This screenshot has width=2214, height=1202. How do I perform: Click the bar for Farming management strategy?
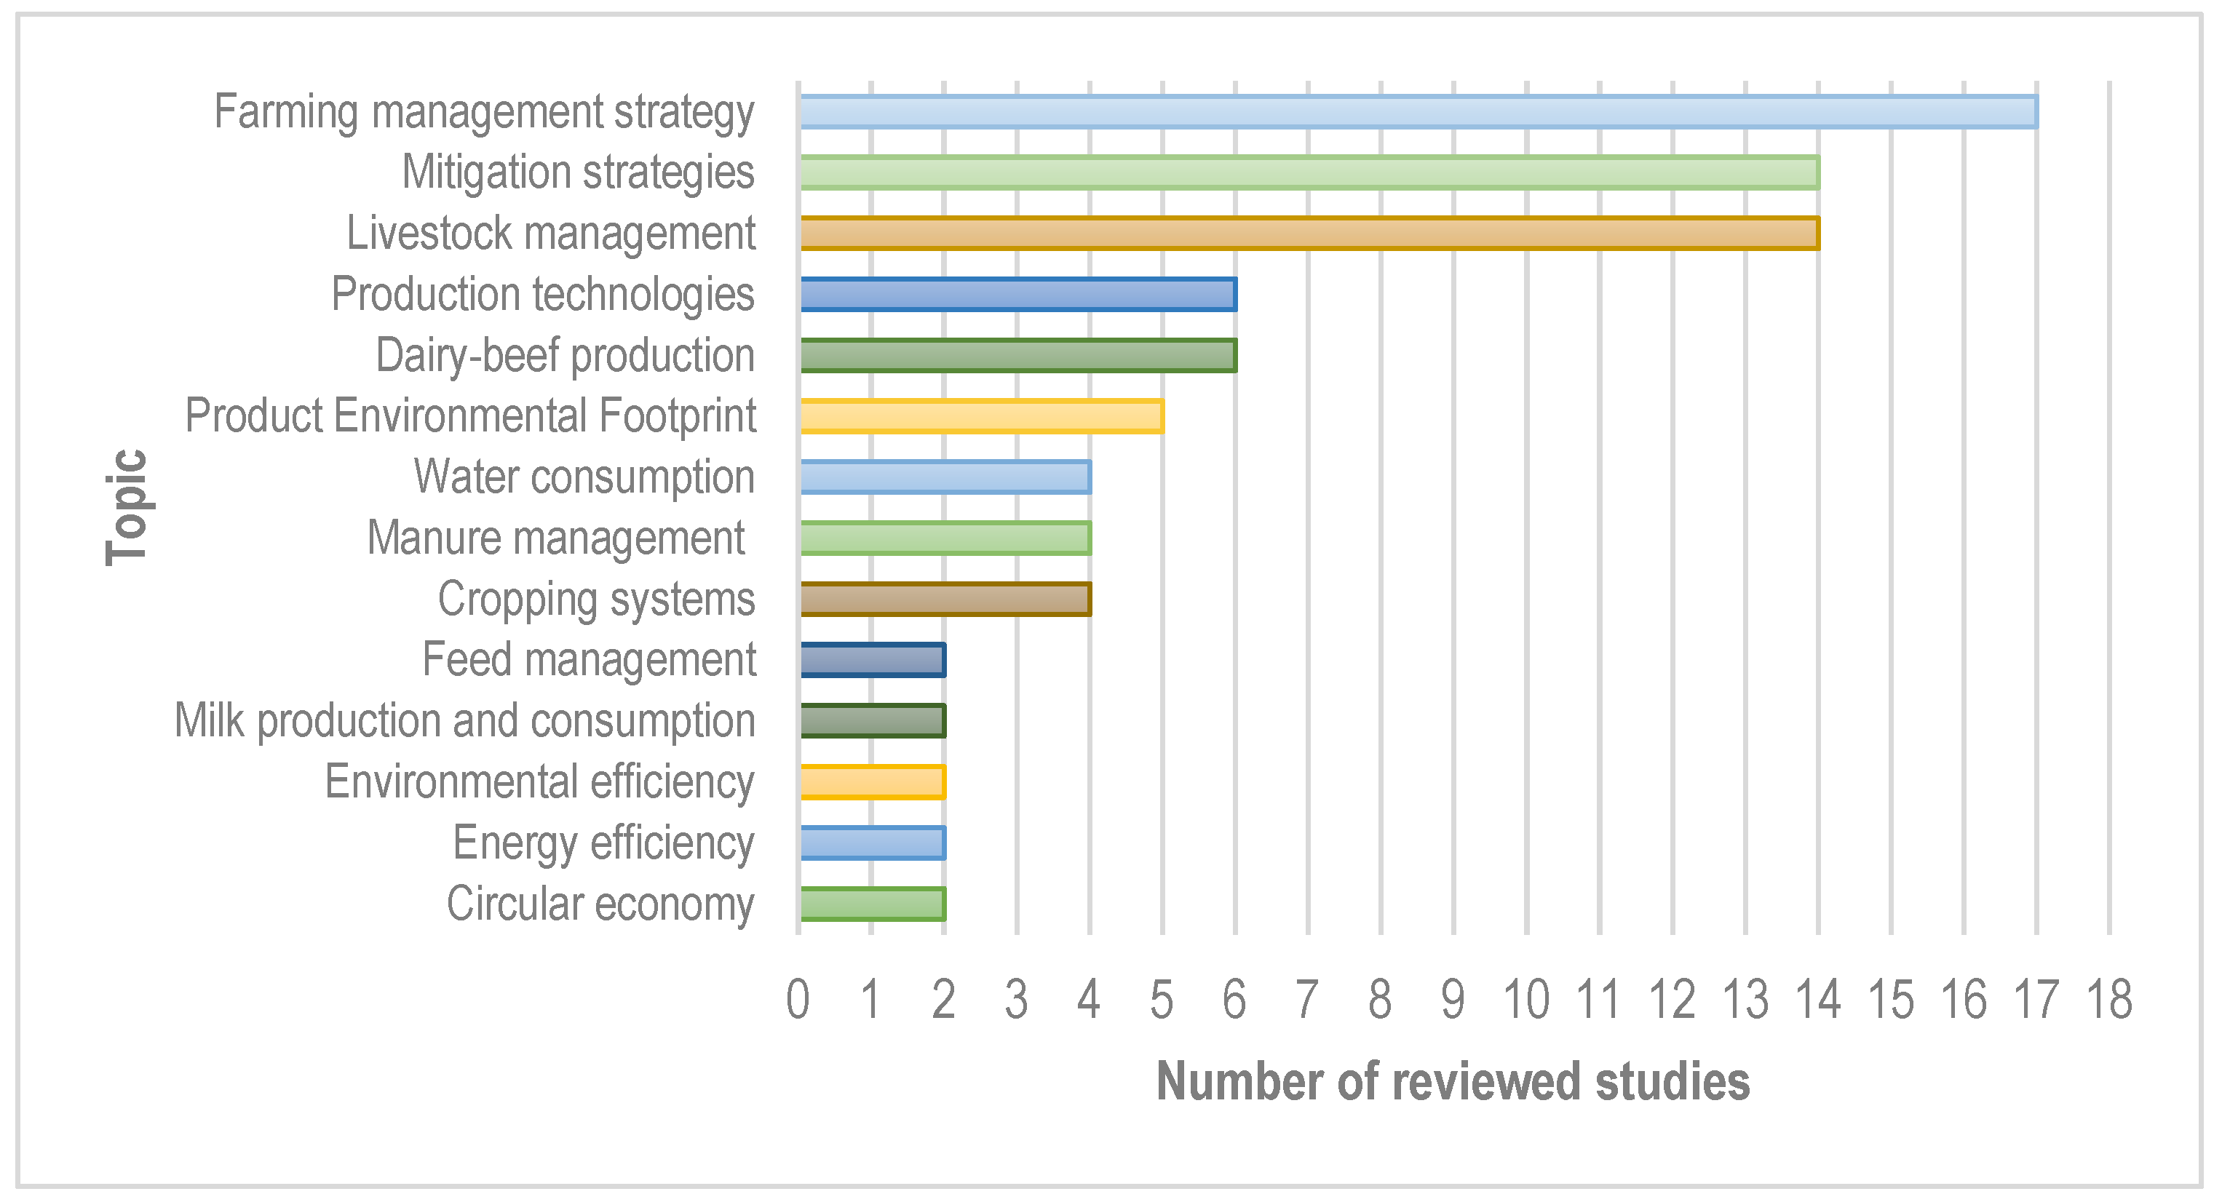point(1418,112)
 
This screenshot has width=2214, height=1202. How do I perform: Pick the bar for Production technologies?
point(1017,294)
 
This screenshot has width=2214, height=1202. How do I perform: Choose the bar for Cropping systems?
point(945,599)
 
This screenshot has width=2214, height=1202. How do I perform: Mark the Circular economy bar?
point(873,904)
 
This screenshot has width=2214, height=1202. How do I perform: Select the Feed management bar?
point(873,660)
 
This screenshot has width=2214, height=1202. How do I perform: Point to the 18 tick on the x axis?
point(2109,1000)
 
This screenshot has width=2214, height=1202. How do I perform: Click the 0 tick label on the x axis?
point(798,1000)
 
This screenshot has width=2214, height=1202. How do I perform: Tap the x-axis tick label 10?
point(1525,1000)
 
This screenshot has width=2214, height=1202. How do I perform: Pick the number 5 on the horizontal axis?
point(1162,1000)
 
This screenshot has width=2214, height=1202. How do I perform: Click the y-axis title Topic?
point(128,507)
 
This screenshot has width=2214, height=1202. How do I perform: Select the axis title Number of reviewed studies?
point(1453,1081)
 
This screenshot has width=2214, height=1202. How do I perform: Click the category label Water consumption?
point(584,477)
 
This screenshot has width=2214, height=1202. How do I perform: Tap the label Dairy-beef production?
point(566,355)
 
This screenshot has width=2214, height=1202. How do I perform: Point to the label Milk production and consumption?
point(465,721)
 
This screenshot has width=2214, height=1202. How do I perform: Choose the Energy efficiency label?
point(603,843)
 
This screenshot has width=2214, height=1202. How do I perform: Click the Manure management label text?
point(556,538)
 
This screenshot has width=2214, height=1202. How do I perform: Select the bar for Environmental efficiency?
point(873,782)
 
